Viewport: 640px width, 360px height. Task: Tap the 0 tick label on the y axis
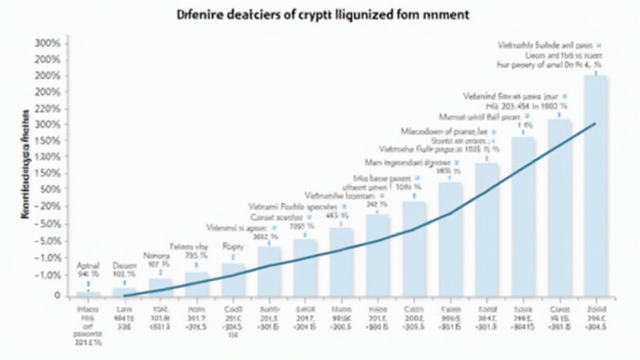tap(56, 295)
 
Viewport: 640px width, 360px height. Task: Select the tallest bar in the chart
tap(596, 185)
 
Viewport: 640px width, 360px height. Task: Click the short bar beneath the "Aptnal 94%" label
tap(88, 293)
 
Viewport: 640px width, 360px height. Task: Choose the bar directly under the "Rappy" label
tap(233, 279)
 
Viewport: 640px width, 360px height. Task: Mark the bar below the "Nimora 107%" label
tap(161, 287)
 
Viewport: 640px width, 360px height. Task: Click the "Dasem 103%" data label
tap(123, 267)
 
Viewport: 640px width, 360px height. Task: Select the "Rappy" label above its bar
tap(232, 247)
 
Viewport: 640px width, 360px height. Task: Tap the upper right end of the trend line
tap(595, 123)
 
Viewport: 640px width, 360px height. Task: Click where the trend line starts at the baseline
tap(125, 296)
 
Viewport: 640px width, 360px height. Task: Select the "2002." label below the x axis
tap(414, 317)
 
